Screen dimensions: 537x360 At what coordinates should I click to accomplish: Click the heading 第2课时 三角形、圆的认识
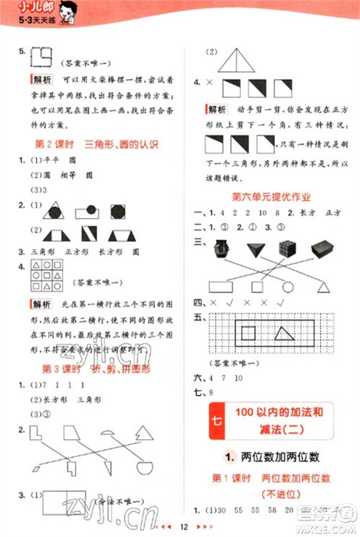[x=96, y=143]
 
